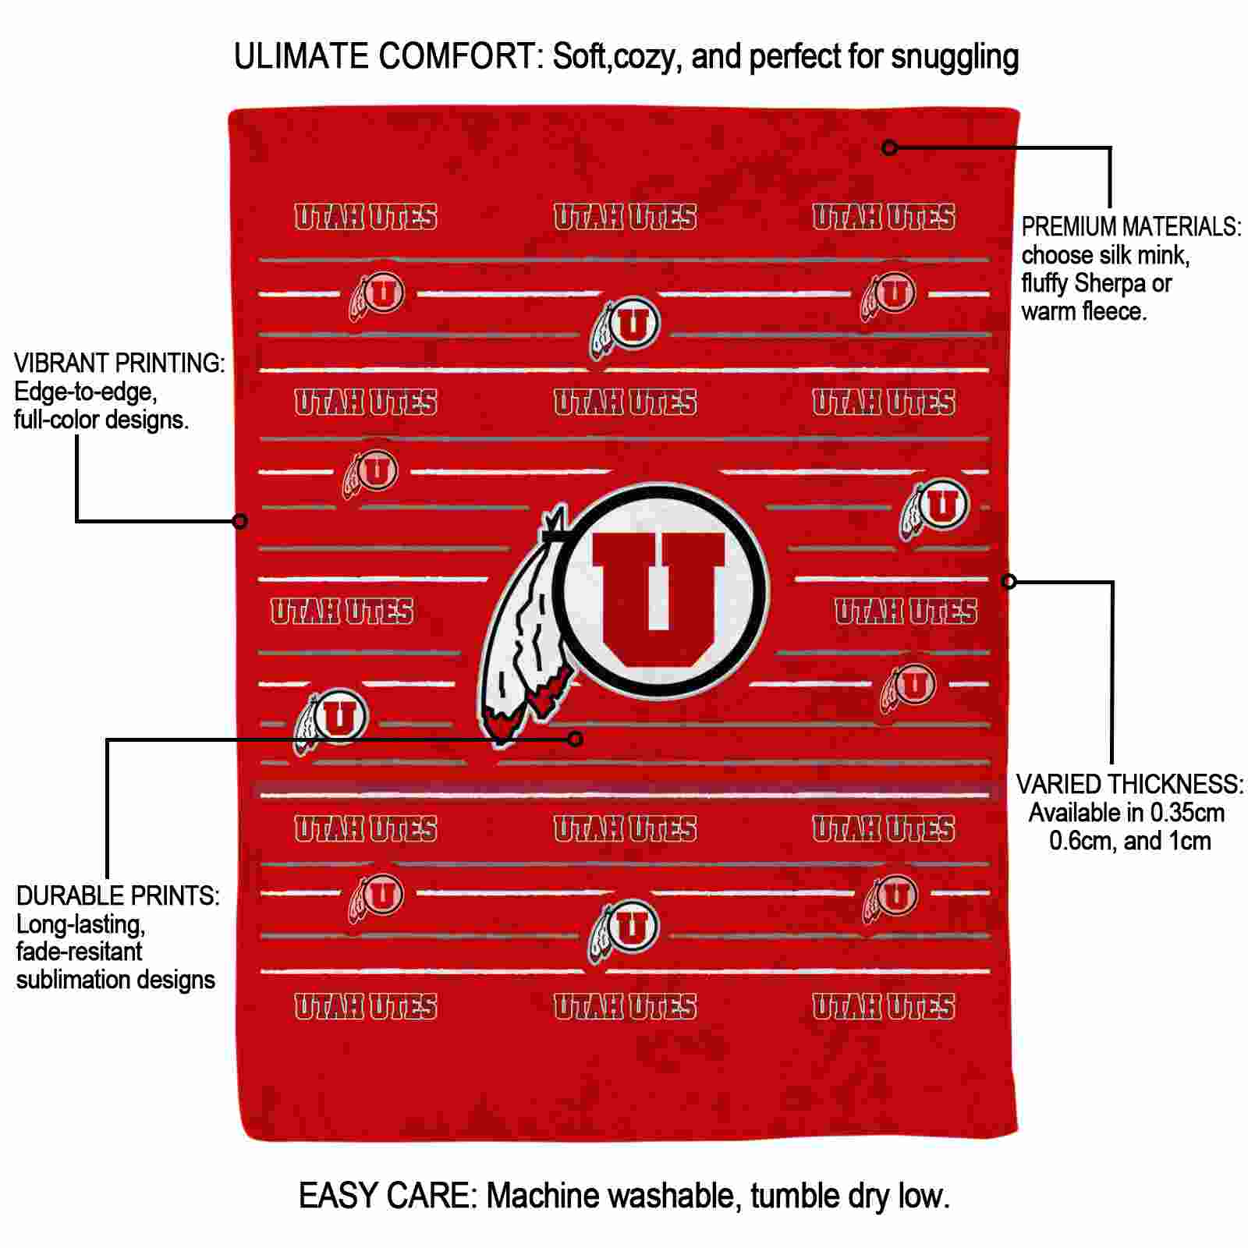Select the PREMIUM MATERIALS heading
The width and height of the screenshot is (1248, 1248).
point(1131,227)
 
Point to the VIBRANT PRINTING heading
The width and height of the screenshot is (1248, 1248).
point(119,363)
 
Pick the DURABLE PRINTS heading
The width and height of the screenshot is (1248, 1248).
point(118,896)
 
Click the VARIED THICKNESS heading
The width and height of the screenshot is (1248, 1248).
point(1129,784)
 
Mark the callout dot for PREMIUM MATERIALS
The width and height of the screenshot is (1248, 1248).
point(890,147)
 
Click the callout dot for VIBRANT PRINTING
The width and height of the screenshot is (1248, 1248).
point(240,520)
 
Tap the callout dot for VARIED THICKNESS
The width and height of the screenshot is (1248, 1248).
point(1009,581)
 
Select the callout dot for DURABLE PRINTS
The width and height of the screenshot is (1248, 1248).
point(576,739)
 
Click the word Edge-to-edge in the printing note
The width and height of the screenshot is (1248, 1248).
point(85,392)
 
